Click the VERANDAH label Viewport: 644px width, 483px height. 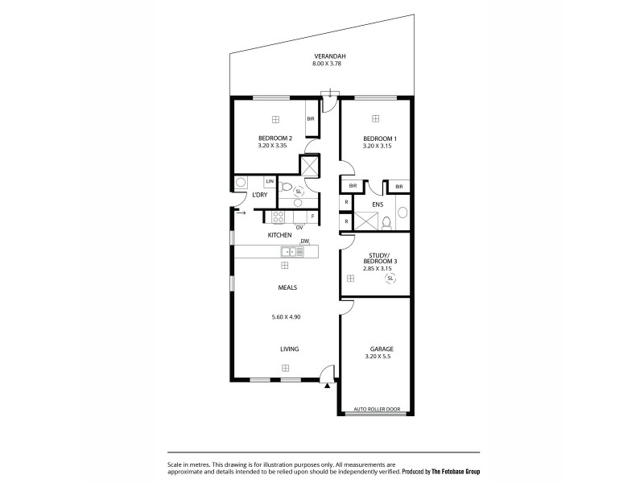(325, 56)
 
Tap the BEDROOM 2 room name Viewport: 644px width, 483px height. (275, 138)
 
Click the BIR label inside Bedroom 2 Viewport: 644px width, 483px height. (311, 119)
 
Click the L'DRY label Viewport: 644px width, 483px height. (259, 196)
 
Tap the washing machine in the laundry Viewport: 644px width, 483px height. (241, 184)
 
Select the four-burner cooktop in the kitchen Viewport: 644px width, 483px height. (279, 216)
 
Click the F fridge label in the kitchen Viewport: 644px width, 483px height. (312, 216)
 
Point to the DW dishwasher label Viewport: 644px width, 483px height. (304, 242)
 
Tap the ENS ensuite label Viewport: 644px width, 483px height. (378, 205)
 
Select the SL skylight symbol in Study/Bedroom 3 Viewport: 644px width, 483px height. (391, 279)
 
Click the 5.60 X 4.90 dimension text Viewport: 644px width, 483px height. (286, 317)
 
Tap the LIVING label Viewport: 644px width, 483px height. (289, 349)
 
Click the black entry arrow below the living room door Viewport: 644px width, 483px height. (327, 386)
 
